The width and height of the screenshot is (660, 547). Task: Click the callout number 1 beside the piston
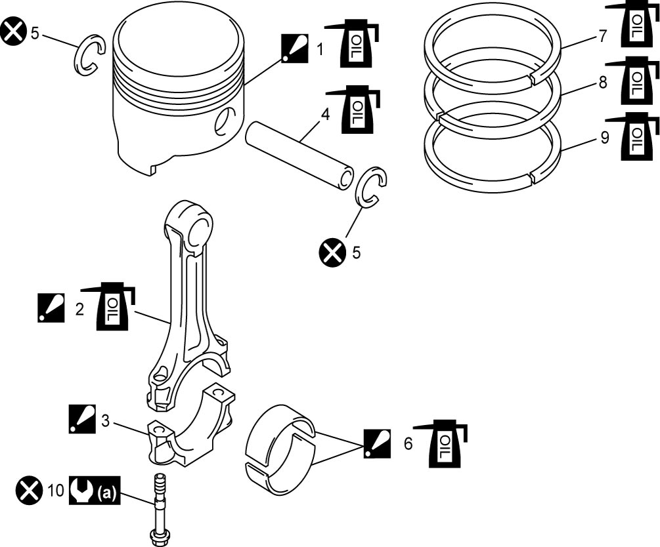320,49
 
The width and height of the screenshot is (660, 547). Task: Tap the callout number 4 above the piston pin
325,114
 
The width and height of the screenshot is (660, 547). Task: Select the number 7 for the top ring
603,36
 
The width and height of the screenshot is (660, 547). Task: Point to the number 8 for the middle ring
603,83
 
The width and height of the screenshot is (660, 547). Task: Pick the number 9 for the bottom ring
604,138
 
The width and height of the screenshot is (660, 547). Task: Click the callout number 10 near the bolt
55,490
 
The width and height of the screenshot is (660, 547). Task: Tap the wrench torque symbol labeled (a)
95,491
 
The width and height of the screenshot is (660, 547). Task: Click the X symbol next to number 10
30,491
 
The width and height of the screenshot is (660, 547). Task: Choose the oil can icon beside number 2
108,306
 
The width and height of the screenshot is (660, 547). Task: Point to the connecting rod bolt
159,509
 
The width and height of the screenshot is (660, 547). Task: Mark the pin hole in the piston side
225,120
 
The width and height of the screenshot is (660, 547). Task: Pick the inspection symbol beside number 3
82,419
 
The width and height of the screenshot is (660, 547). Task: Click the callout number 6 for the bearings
408,443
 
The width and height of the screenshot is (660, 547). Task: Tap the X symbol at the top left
13,32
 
